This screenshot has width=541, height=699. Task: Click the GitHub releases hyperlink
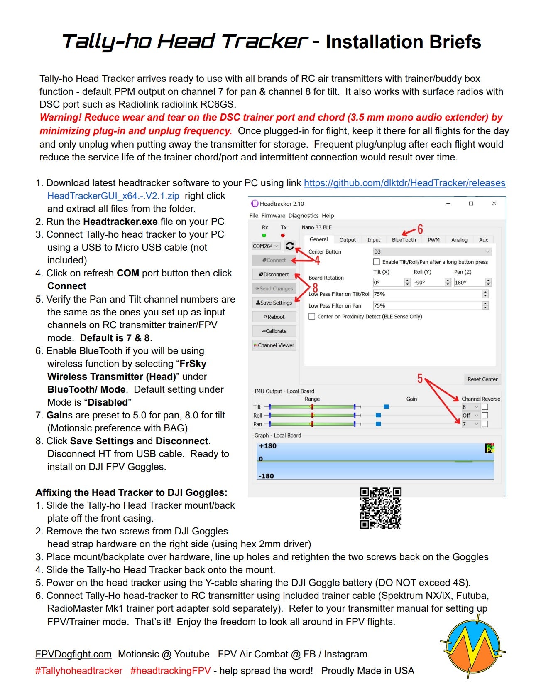(404, 183)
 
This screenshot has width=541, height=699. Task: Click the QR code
(380, 508)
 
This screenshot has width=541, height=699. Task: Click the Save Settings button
(274, 303)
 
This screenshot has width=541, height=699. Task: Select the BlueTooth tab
(404, 240)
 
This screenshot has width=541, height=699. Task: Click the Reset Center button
(482, 379)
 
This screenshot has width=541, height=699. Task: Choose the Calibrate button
(274, 331)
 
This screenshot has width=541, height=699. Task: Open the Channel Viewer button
(274, 345)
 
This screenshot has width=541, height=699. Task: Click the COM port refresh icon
(290, 246)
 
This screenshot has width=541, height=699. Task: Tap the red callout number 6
(420, 229)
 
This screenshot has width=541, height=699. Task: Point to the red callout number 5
(420, 379)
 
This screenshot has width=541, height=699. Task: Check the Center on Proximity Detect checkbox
(312, 317)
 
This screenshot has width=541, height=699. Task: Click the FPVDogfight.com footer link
(73, 654)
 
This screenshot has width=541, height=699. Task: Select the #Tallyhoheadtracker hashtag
(79, 671)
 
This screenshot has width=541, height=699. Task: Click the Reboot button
(274, 317)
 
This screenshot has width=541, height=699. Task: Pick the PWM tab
(433, 240)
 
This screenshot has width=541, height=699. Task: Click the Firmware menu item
(273, 216)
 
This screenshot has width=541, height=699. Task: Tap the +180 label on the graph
(267, 446)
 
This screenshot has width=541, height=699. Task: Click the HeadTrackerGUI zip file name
(113, 196)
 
